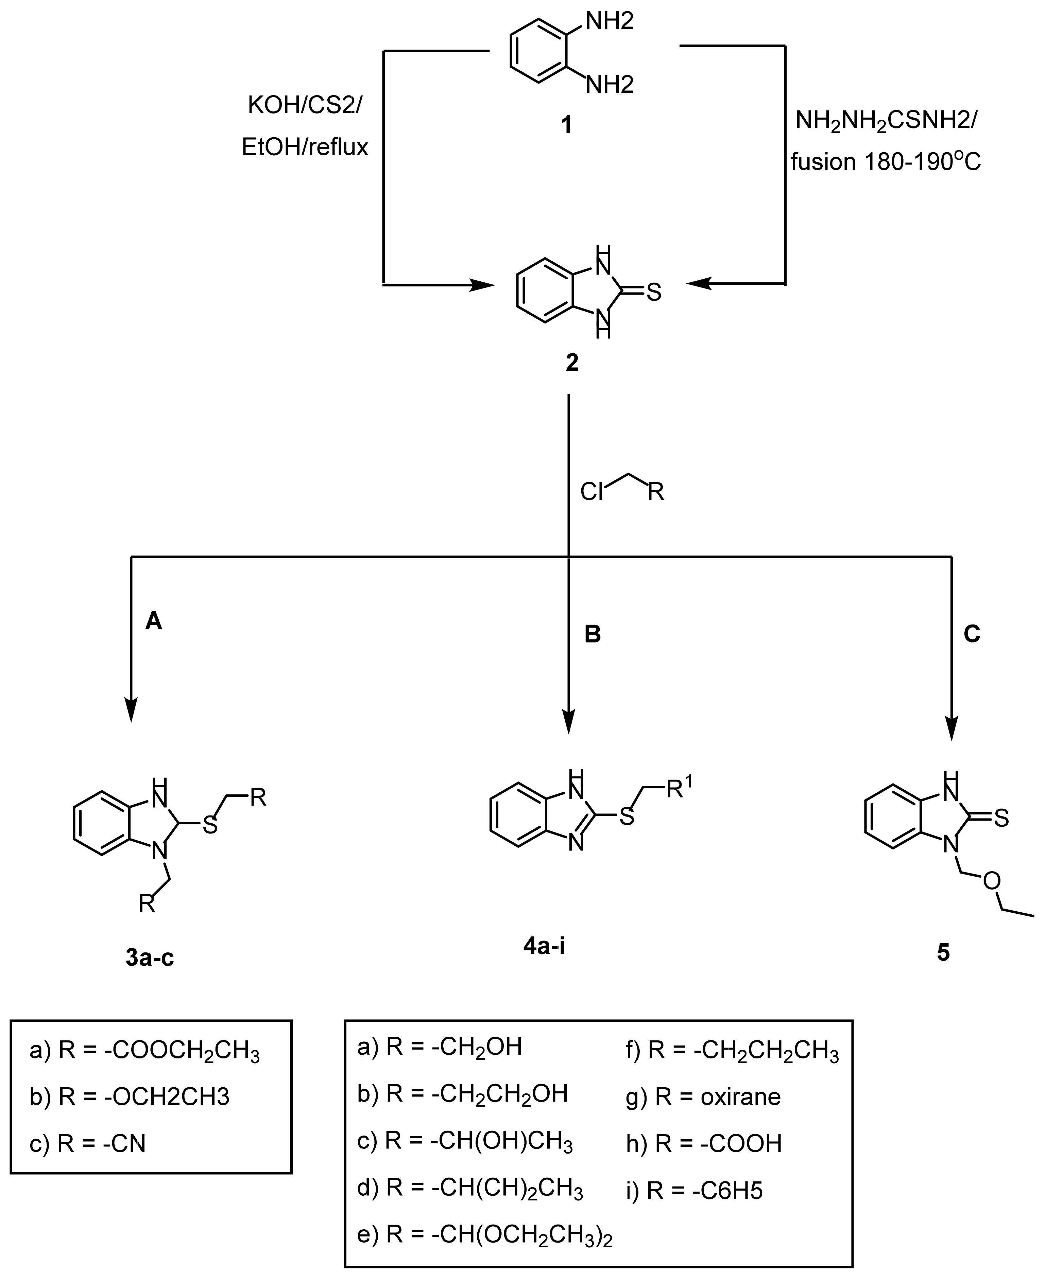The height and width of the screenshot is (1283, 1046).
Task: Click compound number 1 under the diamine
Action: (566, 125)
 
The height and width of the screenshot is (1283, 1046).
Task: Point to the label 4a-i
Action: (544, 946)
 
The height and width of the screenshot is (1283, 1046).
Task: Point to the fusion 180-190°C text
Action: (886, 161)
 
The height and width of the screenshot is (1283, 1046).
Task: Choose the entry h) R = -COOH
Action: (704, 1143)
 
